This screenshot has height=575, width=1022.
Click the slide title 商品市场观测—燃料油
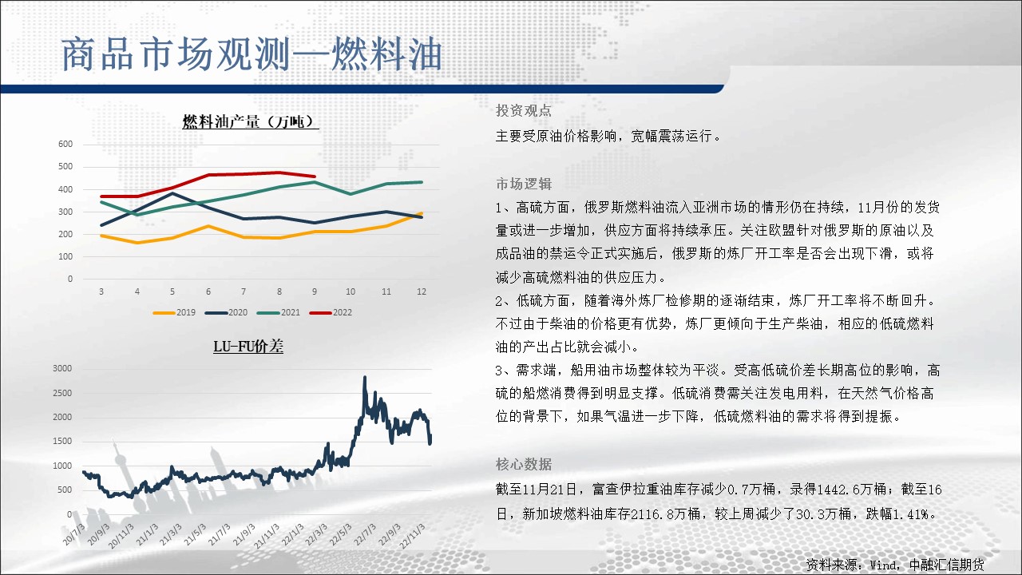click(252, 55)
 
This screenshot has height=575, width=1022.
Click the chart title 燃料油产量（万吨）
click(251, 122)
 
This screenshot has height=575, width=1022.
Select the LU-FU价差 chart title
click(248, 347)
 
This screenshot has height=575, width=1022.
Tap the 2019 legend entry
click(174, 312)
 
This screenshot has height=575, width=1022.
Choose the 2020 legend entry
click(226, 312)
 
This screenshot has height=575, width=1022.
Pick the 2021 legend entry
click(279, 312)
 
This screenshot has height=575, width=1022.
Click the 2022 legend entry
click(331, 312)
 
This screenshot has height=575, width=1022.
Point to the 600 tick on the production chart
click(65, 145)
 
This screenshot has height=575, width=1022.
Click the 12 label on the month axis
click(422, 291)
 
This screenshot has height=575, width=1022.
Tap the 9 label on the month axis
click(315, 291)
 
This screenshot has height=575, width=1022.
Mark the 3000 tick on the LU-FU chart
click(62, 368)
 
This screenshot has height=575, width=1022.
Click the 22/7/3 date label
click(365, 534)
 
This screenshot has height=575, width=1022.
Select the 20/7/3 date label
click(74, 534)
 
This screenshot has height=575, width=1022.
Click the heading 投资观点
click(523, 110)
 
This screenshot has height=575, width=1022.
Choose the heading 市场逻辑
click(523, 184)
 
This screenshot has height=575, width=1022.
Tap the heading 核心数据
click(523, 465)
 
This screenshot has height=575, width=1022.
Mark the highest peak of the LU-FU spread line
click(365, 378)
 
